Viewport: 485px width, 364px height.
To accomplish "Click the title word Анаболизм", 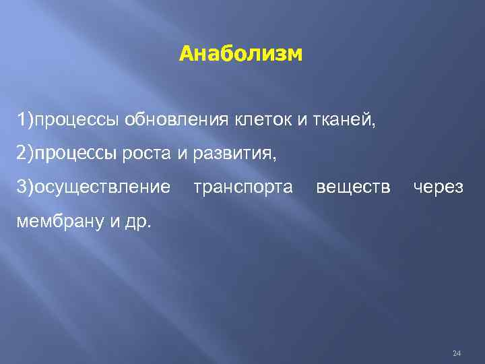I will pos(241,53).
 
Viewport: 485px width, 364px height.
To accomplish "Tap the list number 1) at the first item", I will pos(26,121).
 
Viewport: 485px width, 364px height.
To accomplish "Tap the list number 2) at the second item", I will pos(26,154).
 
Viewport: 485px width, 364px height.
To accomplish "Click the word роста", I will pos(148,154).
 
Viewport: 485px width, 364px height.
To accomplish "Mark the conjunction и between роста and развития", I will pos(181,154).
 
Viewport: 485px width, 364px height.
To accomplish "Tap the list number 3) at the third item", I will pos(26,187).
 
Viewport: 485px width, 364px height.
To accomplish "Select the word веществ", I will pos(352,187).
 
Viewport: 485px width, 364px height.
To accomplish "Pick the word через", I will pos(438,187).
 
